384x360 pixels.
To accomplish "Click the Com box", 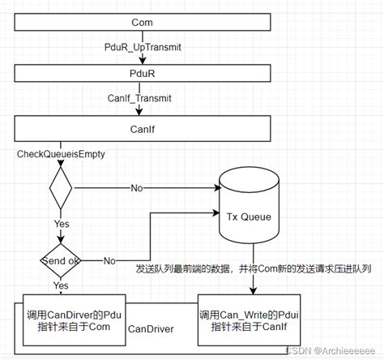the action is pos(143,22).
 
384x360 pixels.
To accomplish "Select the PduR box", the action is pos(143,73).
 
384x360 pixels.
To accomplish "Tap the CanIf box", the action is pos(143,129).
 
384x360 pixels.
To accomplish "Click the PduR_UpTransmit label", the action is pos(143,47).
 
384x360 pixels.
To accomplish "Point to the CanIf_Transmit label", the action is pos(139,98).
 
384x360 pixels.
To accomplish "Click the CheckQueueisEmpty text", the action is pos(61,154).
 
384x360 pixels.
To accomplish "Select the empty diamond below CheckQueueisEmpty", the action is pos(61,188).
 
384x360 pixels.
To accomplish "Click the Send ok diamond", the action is pos(61,260).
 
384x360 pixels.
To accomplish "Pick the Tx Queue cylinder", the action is pos(249,205).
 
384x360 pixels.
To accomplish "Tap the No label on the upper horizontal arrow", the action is pos(137,188).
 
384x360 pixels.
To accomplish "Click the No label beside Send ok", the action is pos(109,261).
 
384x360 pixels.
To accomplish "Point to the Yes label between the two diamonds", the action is pos(62,224).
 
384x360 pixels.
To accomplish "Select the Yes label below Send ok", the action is pos(61,285).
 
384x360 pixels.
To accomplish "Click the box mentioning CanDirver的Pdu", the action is pos(75,320).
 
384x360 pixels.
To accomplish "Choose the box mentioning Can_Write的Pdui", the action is pos(249,320).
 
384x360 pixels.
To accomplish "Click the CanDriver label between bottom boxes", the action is pos(151,329).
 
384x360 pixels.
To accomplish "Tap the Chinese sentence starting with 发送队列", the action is pos(254,268).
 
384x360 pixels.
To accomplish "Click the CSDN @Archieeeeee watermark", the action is pos(331,350).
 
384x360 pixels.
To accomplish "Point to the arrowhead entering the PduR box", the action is pos(143,61).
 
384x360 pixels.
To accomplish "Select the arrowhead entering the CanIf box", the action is pos(139,112).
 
